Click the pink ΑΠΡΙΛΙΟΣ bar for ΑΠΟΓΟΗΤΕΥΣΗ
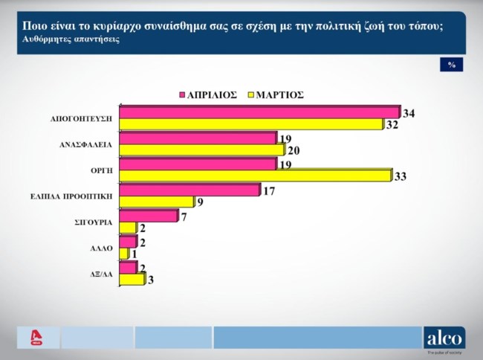(259, 112)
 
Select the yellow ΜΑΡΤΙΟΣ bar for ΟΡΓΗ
(254, 175)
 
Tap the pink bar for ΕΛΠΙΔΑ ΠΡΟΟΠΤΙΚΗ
(189, 190)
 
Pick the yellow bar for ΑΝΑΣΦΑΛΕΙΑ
(201, 150)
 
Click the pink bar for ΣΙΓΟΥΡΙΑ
(148, 216)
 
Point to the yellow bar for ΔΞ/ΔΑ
(132, 279)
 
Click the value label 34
(409, 113)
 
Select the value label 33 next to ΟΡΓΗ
(400, 176)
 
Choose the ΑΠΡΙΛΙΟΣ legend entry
(207, 94)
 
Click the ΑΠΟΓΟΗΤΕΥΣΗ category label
(81, 119)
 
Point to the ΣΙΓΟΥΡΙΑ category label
(93, 222)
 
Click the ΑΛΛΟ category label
(101, 248)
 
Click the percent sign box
(451, 65)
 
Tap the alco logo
(444, 338)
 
